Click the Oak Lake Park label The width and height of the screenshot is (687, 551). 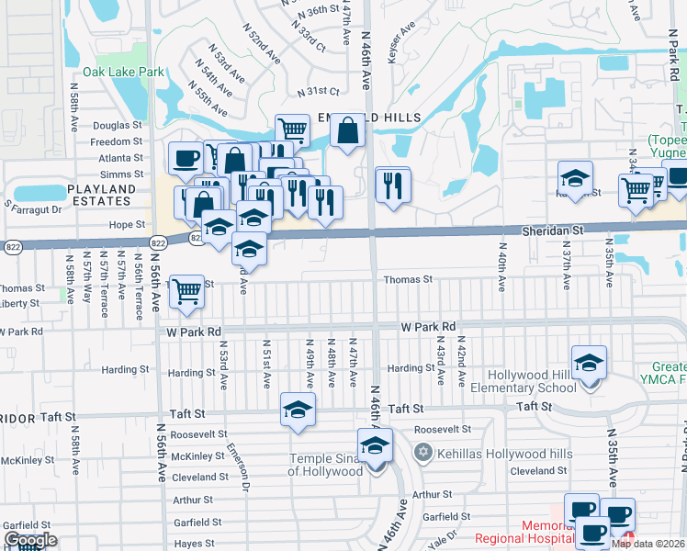[x=122, y=71]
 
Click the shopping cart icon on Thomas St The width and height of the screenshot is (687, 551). [x=187, y=291]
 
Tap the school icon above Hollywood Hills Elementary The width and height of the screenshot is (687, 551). [x=589, y=364]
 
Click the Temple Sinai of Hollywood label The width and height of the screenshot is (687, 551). [x=326, y=465]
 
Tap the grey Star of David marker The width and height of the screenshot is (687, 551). [x=422, y=453]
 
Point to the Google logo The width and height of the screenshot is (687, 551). [x=29, y=541]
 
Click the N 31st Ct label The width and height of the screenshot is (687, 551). [x=318, y=92]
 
